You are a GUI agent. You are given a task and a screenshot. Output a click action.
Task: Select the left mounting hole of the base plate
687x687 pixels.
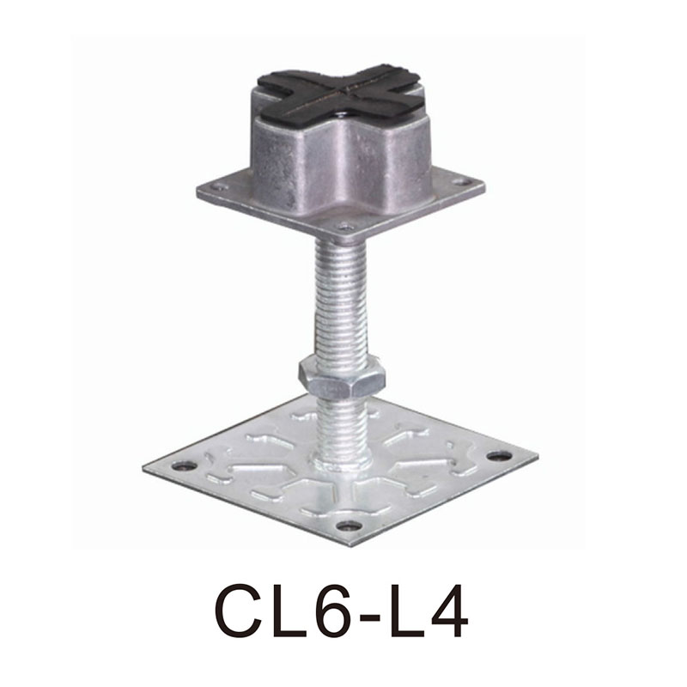184,466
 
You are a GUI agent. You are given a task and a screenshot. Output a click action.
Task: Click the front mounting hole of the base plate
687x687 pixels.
348,526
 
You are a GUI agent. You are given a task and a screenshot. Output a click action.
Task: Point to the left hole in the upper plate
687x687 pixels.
222,185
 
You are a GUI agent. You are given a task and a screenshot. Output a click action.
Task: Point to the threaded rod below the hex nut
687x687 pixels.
342,421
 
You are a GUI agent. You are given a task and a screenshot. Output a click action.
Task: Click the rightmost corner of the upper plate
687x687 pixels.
483,183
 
